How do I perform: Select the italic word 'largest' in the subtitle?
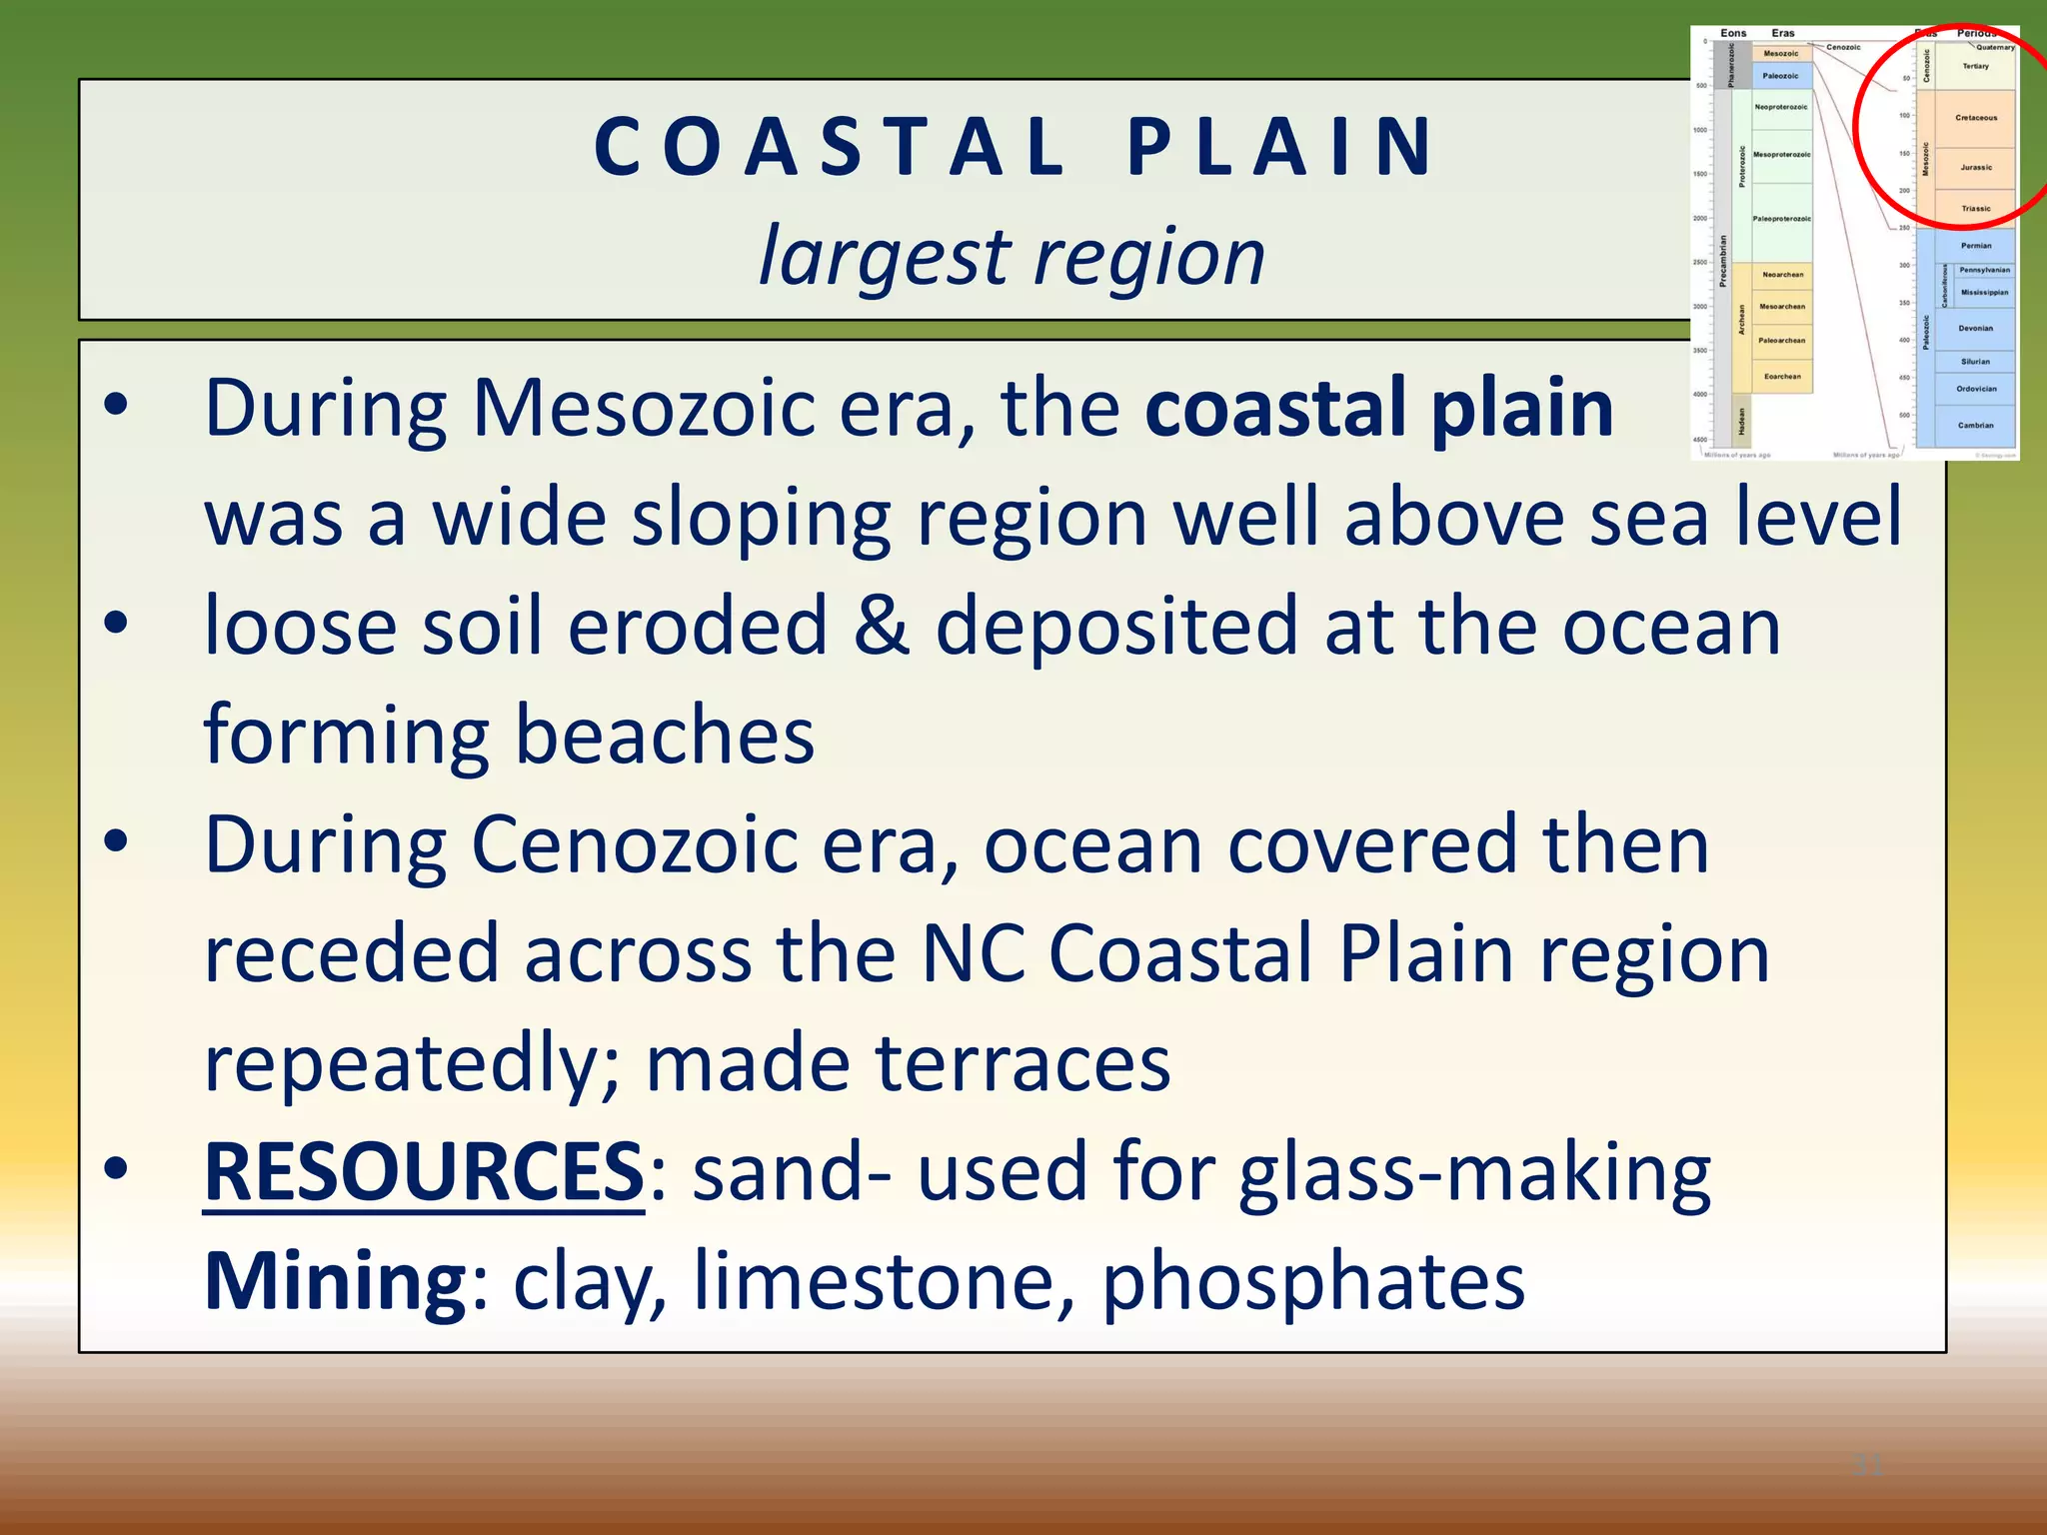coord(884,258)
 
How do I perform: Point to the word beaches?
coord(664,736)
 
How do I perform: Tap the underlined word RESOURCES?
coord(424,1172)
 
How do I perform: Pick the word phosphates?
coord(1312,1281)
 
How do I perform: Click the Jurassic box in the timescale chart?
coord(1975,168)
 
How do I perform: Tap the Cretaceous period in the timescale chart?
coord(1975,118)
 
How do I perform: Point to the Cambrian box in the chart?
coord(1975,426)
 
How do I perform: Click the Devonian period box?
coord(1975,328)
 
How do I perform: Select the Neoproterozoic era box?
coord(1781,107)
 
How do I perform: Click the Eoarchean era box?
coord(1782,377)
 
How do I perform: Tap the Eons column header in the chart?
coord(1733,33)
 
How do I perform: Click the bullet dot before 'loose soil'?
coord(117,623)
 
